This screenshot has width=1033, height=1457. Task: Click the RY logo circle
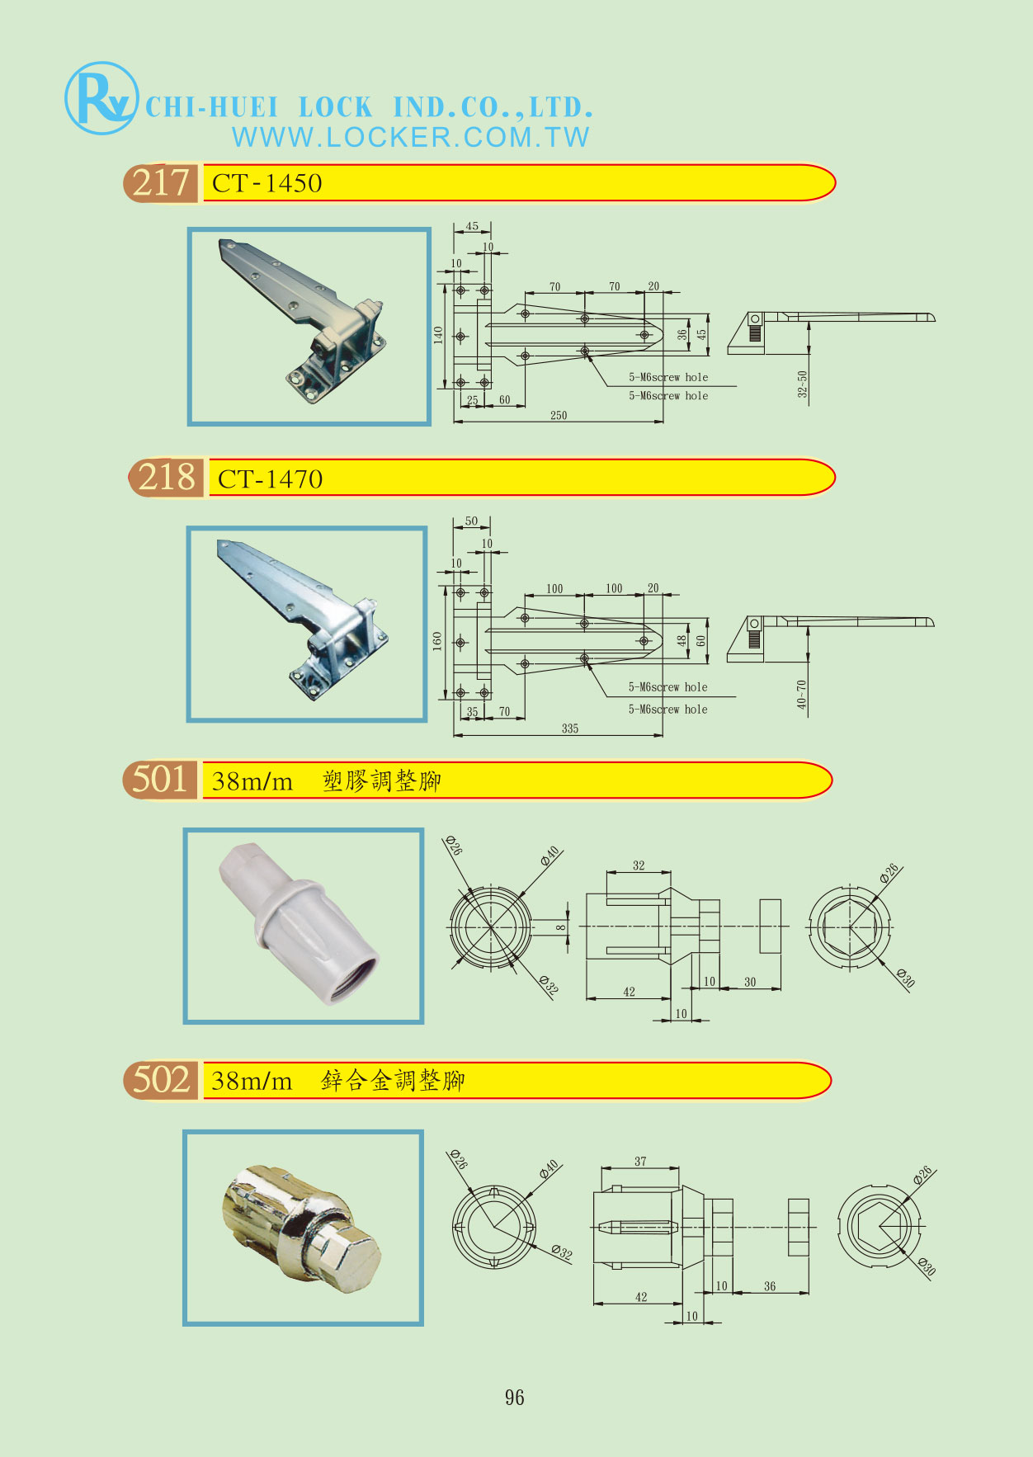pos(101,98)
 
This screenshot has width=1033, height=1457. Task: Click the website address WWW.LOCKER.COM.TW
pos(410,137)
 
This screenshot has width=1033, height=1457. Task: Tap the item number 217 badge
pos(161,182)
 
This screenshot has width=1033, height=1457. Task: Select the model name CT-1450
pos(267,183)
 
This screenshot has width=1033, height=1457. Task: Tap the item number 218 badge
pos(166,478)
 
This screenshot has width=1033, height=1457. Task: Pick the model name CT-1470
pos(270,479)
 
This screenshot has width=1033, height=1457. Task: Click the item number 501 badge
pos(160,780)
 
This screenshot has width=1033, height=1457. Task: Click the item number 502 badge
pos(161,1080)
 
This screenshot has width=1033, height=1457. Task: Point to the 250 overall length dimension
pos(559,415)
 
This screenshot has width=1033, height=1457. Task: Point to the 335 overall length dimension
pos(570,728)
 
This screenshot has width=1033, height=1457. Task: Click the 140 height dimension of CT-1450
pos(438,334)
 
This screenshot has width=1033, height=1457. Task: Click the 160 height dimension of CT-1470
pos(437,641)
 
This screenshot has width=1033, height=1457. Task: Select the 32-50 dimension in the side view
pos(803,384)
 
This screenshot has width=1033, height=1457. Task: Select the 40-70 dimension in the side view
pos(802,695)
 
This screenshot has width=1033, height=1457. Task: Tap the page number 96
pos(514,1398)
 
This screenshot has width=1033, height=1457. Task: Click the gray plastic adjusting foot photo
pos(303,926)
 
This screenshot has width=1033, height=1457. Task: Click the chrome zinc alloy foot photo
pos(303,1228)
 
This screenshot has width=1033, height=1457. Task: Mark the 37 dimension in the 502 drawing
pos(640,1161)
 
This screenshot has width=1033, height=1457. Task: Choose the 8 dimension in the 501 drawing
pos(561,927)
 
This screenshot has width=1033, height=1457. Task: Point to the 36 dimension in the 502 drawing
pos(770,1286)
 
